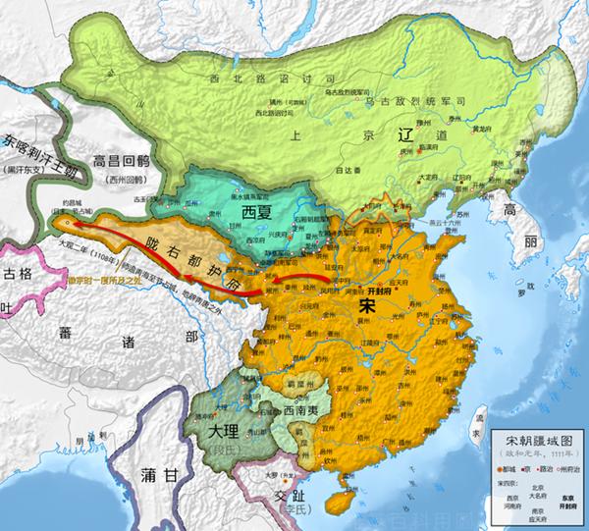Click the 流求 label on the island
click(x=474, y=428)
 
